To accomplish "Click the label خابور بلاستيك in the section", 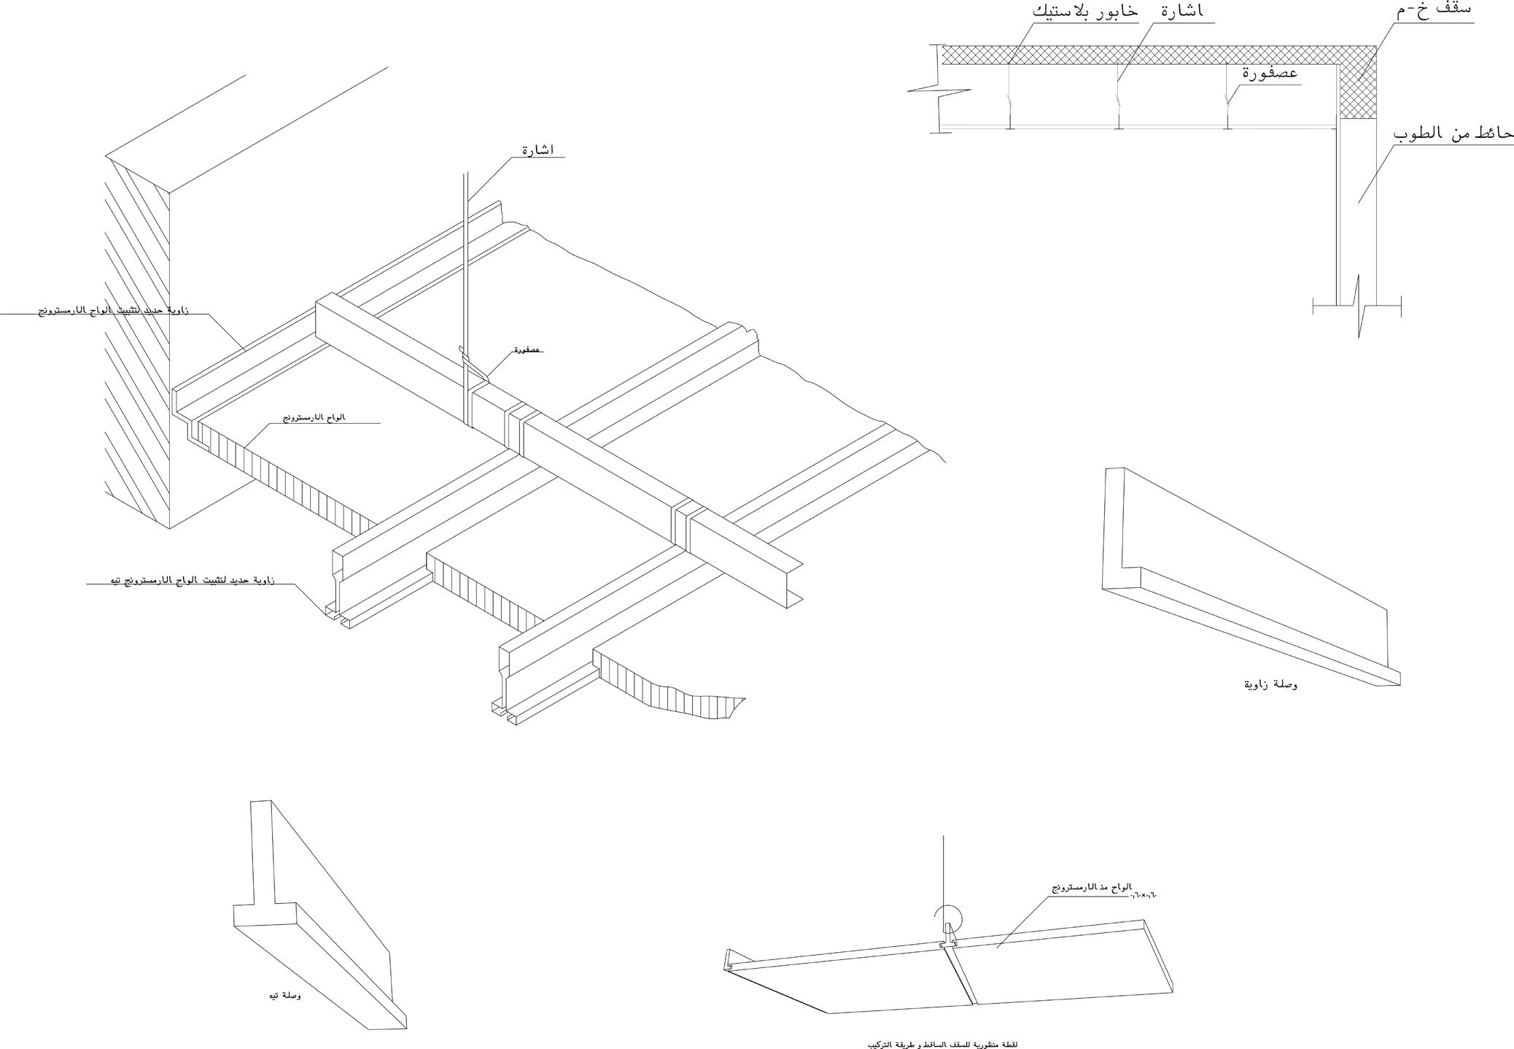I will [x=1085, y=12].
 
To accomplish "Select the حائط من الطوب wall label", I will [x=1453, y=133].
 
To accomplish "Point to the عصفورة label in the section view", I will [x=1270, y=74].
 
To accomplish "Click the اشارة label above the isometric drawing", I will [x=537, y=150].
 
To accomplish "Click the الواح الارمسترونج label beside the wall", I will [x=314, y=417].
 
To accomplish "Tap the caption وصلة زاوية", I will [x=1271, y=684].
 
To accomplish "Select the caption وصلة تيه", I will [x=284, y=996].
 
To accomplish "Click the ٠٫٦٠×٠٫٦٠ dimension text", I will [x=1144, y=894].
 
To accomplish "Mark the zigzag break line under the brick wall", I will [x=1359, y=306].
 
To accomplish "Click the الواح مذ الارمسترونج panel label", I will [x=1091, y=887].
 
